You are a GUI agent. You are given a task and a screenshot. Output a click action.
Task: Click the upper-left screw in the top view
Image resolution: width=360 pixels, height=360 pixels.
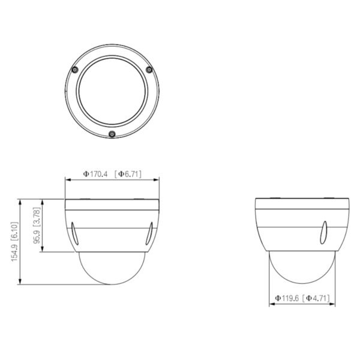click(74, 70)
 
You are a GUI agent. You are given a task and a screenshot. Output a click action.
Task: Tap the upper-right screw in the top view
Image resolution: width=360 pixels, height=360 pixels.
click(149, 70)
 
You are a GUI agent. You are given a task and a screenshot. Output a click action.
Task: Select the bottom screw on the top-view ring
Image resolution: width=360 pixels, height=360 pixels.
click(112, 133)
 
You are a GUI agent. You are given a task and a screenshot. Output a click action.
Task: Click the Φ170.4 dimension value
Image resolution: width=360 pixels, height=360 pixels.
click(94, 174)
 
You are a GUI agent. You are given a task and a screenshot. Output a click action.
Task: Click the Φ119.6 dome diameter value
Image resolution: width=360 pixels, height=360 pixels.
click(286, 298)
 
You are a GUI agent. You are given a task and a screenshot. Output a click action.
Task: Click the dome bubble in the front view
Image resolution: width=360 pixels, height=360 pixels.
click(112, 267)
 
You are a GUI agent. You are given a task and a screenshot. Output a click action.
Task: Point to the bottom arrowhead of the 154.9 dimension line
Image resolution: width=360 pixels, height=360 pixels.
click(21, 284)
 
